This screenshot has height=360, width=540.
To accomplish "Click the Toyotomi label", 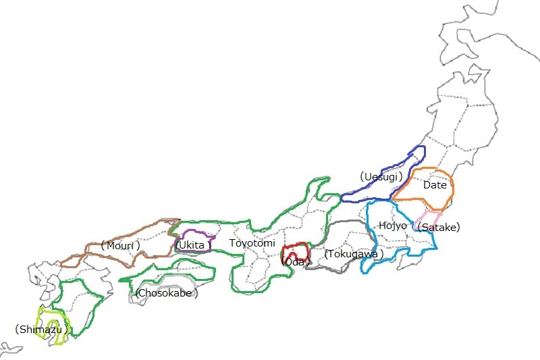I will [x=252, y=243].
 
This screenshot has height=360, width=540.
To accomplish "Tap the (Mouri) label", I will [x=120, y=245].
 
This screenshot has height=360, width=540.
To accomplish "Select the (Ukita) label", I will [x=193, y=245].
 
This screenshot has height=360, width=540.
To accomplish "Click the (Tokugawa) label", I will [x=354, y=254].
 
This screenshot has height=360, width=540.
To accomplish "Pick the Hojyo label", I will [x=392, y=225].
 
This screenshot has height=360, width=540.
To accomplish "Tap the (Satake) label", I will [x=439, y=228].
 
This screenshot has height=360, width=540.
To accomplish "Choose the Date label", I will [x=435, y=184].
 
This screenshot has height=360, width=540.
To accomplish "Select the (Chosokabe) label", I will [x=167, y=293].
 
